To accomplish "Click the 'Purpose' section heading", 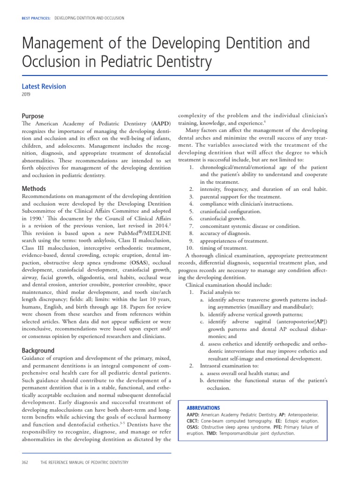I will (33, 116).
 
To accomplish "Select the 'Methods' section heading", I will (34, 188).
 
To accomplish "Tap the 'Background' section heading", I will (38, 350).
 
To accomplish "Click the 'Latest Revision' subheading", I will (44, 86).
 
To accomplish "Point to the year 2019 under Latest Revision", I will (26, 95).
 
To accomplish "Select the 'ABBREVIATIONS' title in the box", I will (203, 408).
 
